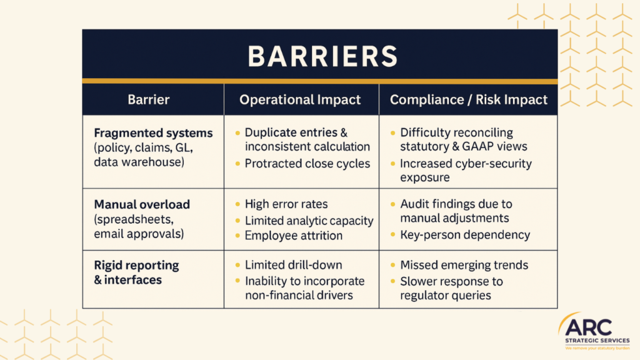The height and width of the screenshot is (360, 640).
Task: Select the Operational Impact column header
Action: click(x=301, y=99)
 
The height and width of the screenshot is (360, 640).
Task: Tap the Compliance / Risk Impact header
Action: click(x=468, y=99)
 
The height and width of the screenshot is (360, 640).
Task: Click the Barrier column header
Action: click(x=149, y=99)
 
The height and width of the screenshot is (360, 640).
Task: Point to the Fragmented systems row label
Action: click(x=153, y=133)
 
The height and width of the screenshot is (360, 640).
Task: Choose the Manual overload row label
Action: click(x=142, y=204)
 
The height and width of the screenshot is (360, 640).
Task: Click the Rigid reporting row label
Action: click(x=136, y=265)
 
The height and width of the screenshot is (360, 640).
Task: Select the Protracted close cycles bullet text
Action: click(x=307, y=164)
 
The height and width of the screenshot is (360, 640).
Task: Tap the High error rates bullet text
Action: click(x=286, y=204)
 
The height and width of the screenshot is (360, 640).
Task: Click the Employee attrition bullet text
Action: click(x=293, y=236)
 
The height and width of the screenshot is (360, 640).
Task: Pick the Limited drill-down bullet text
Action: click(x=293, y=265)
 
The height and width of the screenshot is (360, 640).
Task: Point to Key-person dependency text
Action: click(x=465, y=235)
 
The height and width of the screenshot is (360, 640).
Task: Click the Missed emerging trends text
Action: click(x=464, y=265)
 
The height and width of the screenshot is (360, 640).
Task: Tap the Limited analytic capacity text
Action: click(x=309, y=220)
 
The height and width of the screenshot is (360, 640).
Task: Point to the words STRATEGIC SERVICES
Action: click(x=596, y=341)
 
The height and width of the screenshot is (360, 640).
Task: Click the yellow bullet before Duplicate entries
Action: click(x=237, y=133)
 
